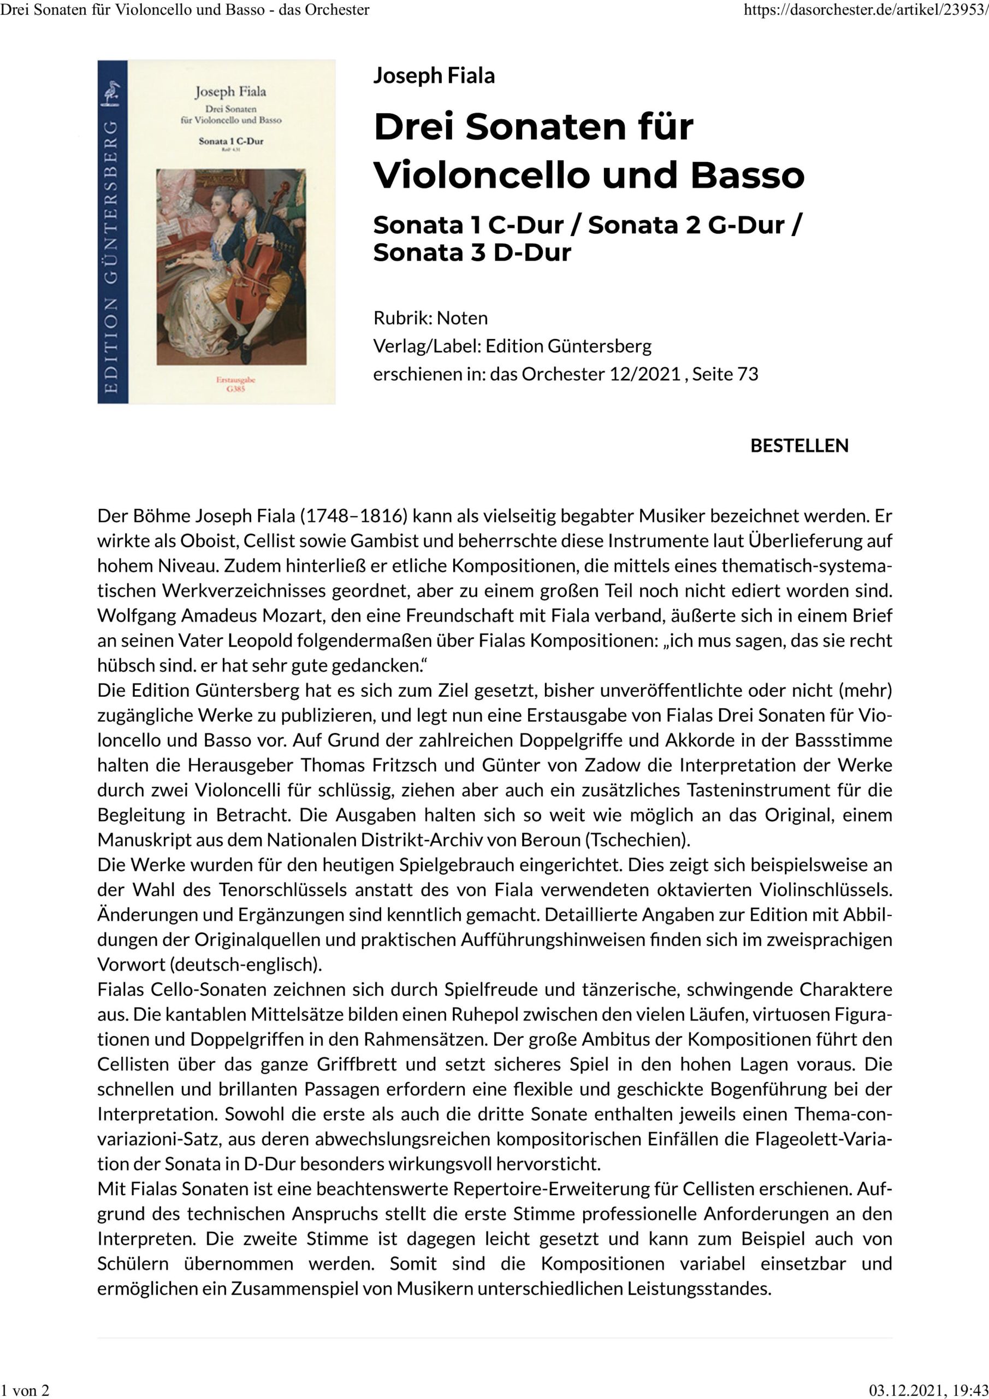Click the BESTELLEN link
tap(799, 445)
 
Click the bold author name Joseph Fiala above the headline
tap(434, 75)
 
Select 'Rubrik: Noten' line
tap(430, 318)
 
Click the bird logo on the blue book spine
tap(111, 95)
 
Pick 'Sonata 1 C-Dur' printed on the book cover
tap(231, 141)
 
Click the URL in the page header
tap(866, 10)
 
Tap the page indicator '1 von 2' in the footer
tap(25, 1389)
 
